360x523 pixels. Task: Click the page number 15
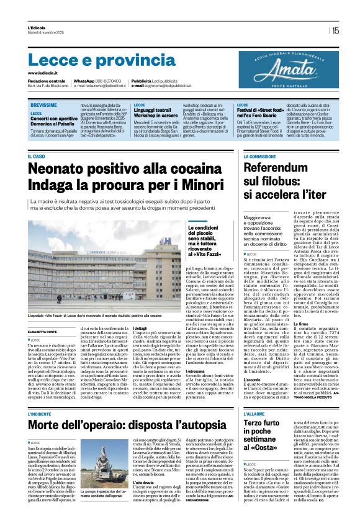(335, 29)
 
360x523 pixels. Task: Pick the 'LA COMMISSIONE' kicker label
(259, 157)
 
